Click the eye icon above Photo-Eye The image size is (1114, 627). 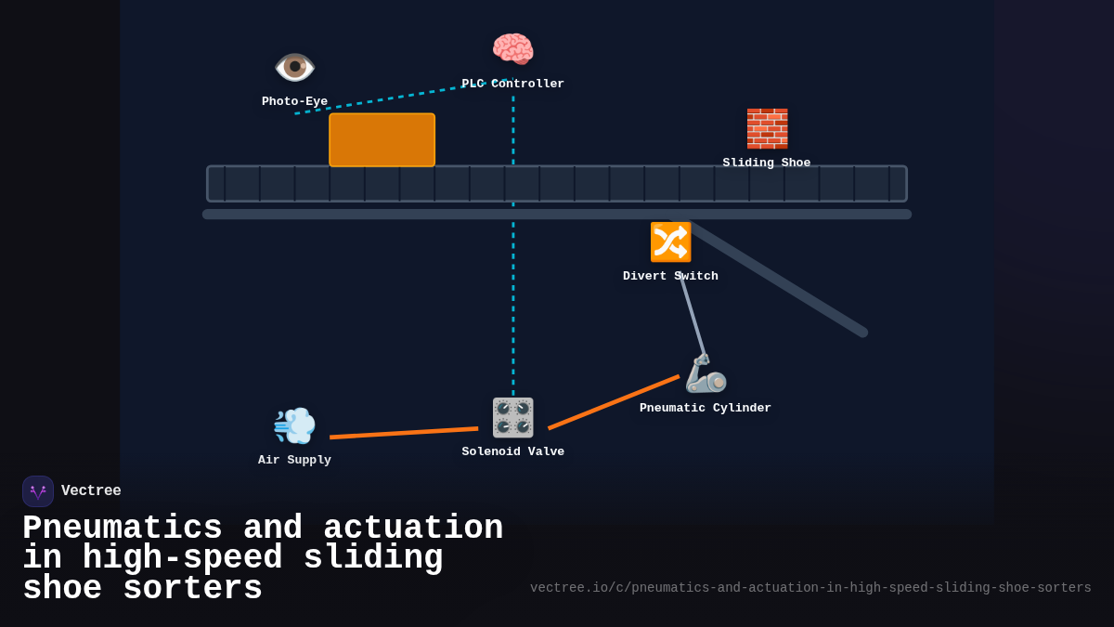click(x=294, y=67)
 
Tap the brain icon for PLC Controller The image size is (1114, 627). click(x=512, y=49)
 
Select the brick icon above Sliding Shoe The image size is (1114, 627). click(x=767, y=128)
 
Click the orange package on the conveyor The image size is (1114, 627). click(x=382, y=140)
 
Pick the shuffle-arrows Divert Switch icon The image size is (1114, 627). click(x=670, y=242)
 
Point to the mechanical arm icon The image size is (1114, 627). click(x=706, y=373)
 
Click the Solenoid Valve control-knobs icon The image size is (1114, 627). click(x=512, y=418)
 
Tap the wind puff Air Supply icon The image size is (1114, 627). click(x=294, y=425)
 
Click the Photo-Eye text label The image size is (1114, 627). click(x=294, y=101)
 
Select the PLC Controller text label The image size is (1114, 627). click(x=512, y=84)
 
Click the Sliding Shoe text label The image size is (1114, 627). click(x=767, y=163)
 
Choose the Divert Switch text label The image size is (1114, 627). click(x=670, y=276)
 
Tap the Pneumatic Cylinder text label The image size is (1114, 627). click(x=706, y=408)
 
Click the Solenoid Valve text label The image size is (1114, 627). click(x=512, y=451)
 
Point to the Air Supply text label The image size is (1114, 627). click(x=294, y=460)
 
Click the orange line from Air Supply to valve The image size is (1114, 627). click(x=404, y=433)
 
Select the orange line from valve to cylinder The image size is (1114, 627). click(x=613, y=402)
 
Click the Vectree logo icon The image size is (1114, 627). click(x=38, y=491)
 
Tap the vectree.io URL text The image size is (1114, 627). click(x=810, y=588)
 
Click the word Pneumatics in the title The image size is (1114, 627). click(x=123, y=529)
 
